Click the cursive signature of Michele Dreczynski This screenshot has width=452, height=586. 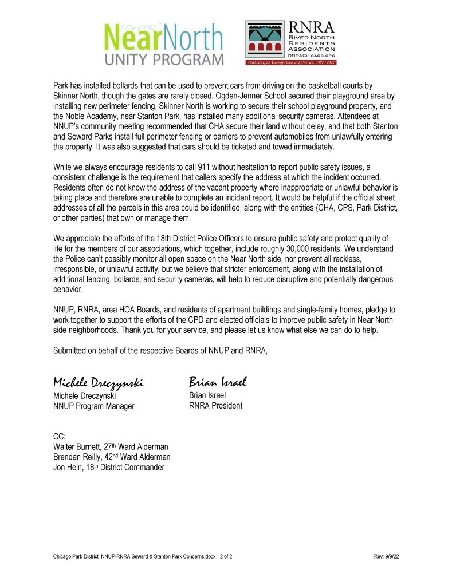click(98, 382)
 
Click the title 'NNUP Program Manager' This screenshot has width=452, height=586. click(93, 406)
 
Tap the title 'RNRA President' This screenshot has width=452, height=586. click(215, 406)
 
